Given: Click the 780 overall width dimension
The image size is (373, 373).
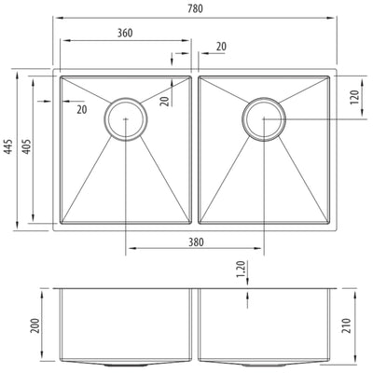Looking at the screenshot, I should pyautogui.click(x=195, y=9).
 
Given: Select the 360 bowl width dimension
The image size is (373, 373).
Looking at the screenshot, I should pyautogui.click(x=124, y=33).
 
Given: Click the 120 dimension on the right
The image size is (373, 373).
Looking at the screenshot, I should pyautogui.click(x=356, y=99).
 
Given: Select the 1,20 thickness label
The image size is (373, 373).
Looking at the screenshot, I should pyautogui.click(x=241, y=269).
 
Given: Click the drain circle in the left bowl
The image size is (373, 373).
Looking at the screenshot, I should pyautogui.click(x=125, y=118).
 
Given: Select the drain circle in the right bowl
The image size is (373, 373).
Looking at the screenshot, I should pyautogui.click(x=264, y=118).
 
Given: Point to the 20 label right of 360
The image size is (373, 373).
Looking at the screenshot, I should pyautogui.click(x=220, y=47).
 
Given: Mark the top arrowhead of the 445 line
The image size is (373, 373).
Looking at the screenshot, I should pyautogui.click(x=21, y=70).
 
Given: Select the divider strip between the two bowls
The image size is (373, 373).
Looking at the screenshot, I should pyautogui.click(x=194, y=149).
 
